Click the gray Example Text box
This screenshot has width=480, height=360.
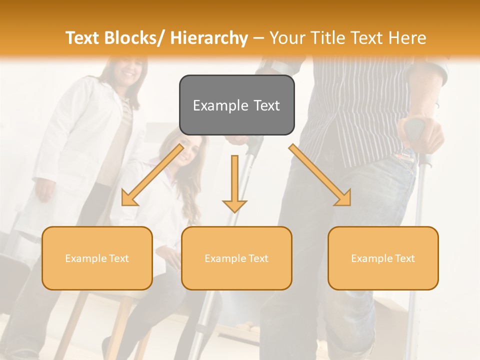236,105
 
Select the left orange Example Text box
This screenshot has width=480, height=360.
97,258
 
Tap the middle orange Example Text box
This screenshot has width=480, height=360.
236,258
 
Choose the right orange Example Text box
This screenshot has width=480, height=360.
383,258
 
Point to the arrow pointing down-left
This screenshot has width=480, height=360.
152,175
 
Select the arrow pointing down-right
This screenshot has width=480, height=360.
320,175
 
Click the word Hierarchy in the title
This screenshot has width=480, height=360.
209,38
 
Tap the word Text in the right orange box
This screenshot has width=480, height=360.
404,258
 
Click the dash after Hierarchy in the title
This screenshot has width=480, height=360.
258,38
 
